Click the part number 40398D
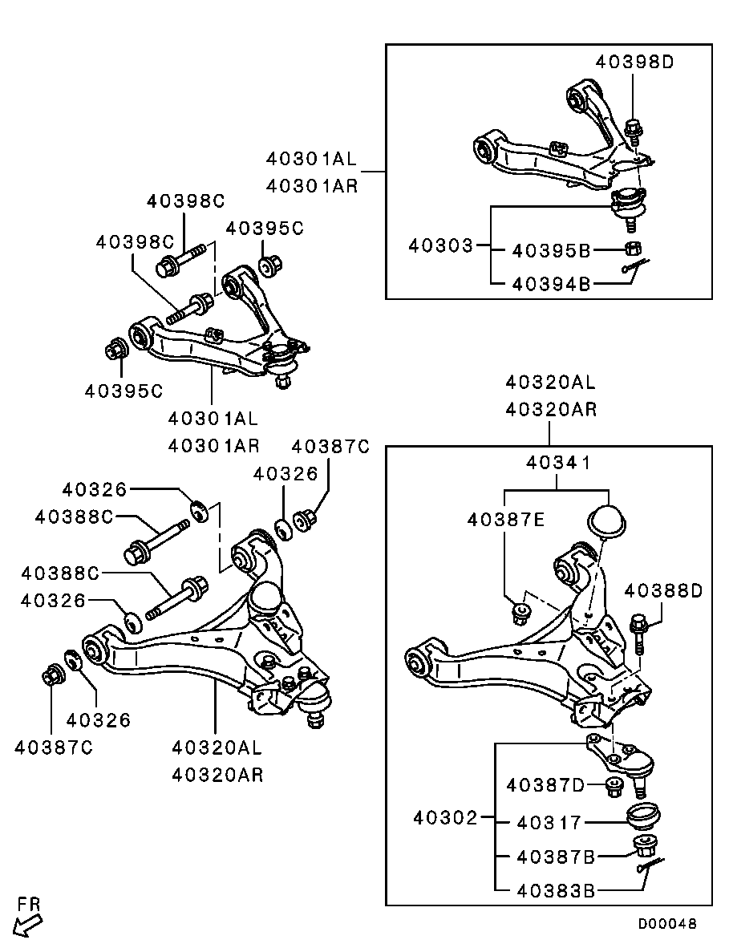(635, 61)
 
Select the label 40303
(441, 245)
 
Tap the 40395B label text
(551, 251)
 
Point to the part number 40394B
(551, 283)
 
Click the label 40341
(558, 463)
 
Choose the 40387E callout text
(506, 521)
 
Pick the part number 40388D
(663, 591)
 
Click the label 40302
(446, 818)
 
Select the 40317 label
(554, 822)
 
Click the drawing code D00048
(667, 924)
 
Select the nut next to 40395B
(631, 249)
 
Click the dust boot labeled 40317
(642, 817)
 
